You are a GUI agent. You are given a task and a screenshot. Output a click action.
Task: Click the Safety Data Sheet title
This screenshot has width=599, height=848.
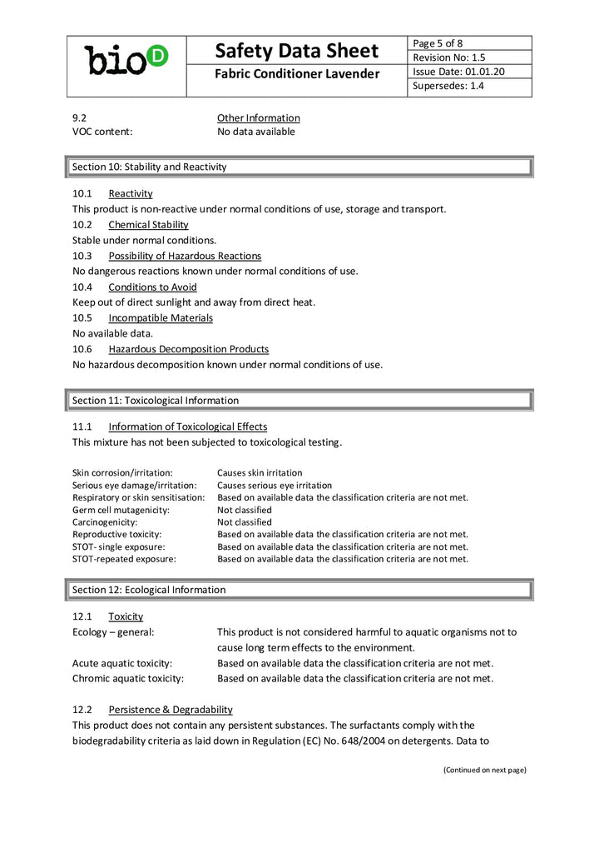pos(296,51)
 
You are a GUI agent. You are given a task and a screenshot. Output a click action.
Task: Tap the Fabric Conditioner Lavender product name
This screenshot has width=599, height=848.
pos(296,75)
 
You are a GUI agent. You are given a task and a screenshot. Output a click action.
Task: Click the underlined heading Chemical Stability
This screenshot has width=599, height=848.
pos(148,225)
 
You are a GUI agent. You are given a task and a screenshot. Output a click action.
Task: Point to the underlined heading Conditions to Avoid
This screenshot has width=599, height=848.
pos(152,287)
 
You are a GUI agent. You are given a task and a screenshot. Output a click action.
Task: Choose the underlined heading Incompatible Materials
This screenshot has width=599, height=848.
pos(160,318)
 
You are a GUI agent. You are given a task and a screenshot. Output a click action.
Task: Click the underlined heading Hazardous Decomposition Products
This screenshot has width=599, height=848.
pos(188,349)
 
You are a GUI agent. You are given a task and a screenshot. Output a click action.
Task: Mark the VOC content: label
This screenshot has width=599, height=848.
pos(102,132)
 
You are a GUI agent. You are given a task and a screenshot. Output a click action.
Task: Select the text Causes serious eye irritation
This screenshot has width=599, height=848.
pos(274,486)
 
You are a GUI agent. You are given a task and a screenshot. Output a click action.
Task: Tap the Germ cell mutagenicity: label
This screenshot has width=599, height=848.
pos(121,510)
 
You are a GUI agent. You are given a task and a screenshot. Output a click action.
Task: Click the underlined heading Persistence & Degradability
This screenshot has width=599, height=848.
pos(170,710)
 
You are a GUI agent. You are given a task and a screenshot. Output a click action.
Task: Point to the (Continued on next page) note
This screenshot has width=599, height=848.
pos(484,770)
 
